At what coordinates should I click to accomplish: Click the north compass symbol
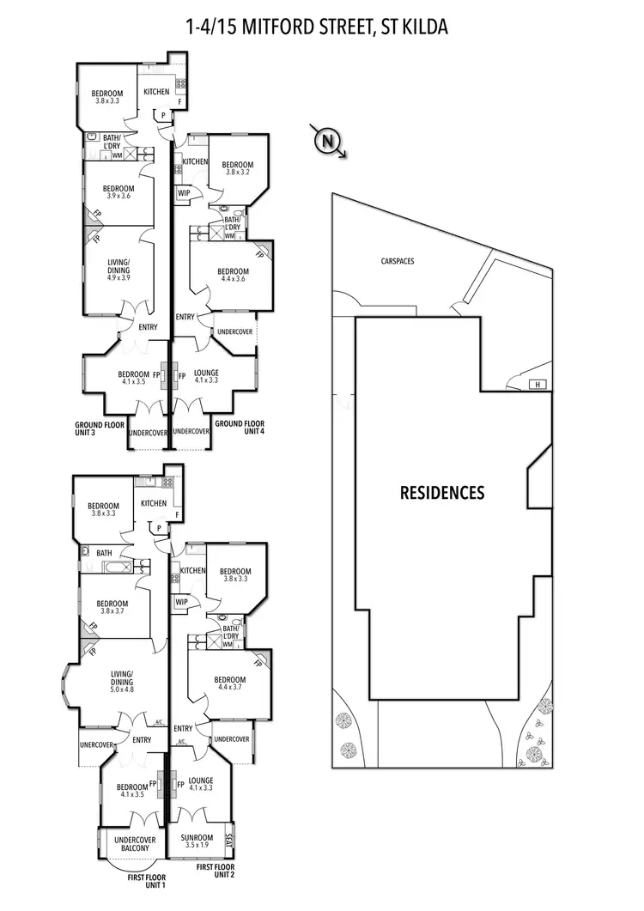tap(325, 140)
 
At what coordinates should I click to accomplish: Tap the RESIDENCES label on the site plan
tap(442, 493)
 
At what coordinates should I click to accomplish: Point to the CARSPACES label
tap(397, 260)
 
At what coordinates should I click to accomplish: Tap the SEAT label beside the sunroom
tap(228, 840)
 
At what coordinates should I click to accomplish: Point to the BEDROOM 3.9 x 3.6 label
tap(118, 192)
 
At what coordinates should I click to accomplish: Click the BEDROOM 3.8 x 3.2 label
tap(237, 168)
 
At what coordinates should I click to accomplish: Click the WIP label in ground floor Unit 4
tap(183, 193)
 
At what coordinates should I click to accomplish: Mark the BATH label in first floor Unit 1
tap(104, 553)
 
